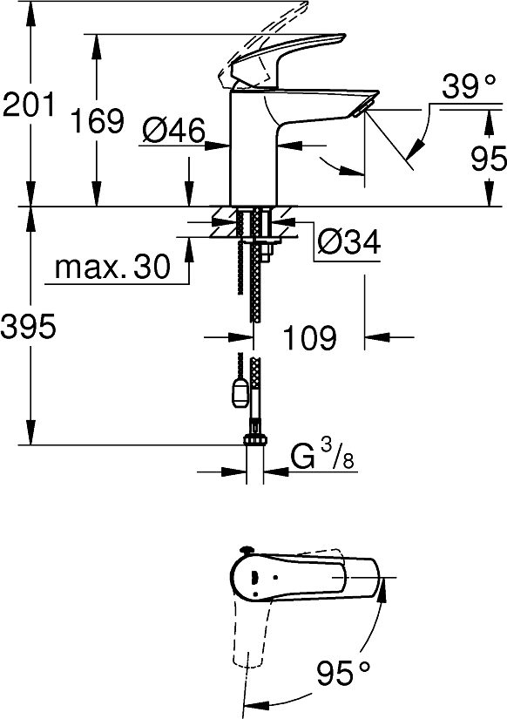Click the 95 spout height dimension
(488, 159)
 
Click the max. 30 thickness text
(112, 268)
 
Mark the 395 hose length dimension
(29, 328)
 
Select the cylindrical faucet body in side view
(253, 148)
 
